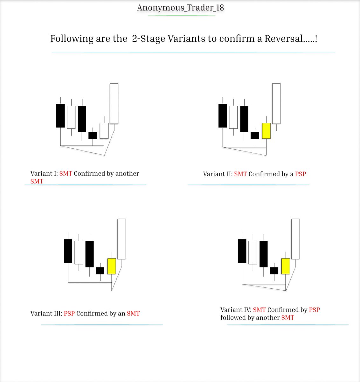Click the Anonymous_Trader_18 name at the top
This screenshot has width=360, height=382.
(x=180, y=8)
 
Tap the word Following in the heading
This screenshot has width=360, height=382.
(x=72, y=39)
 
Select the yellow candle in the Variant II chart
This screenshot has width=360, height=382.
(x=266, y=131)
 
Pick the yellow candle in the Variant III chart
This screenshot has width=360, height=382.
(x=112, y=266)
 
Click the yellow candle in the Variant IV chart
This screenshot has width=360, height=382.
(x=286, y=266)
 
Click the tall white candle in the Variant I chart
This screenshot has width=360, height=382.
(x=114, y=103)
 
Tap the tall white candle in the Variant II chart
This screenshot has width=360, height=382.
(x=276, y=103)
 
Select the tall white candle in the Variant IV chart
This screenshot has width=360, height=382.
(x=295, y=239)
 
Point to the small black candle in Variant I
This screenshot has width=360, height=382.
(x=93, y=135)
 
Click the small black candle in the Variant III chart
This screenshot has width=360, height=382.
(x=100, y=271)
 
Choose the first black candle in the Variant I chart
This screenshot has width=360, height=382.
(x=60, y=116)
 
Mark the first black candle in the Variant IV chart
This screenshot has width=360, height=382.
(x=242, y=251)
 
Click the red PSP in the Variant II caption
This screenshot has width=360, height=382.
(x=301, y=174)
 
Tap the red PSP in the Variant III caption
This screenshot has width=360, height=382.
(x=69, y=313)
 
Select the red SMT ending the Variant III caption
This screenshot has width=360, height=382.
(x=133, y=313)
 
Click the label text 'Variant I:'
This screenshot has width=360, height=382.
(x=44, y=173)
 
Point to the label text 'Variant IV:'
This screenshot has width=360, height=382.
(x=236, y=310)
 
